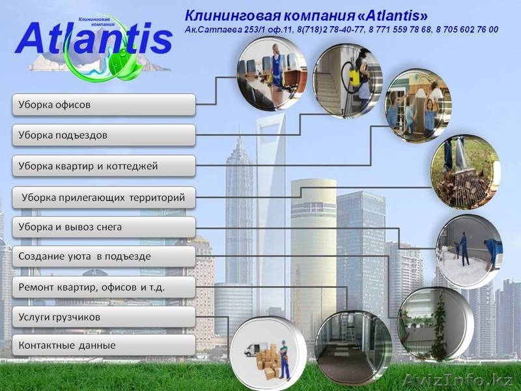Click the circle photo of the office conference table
click(x=268, y=72)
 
